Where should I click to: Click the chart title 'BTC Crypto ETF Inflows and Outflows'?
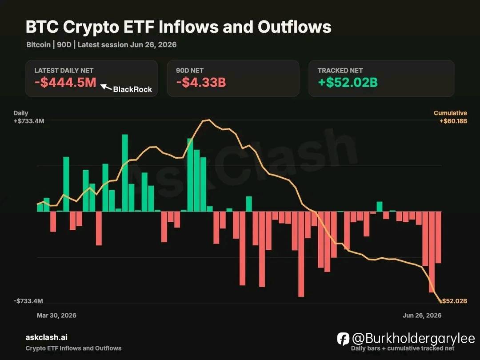click(179, 27)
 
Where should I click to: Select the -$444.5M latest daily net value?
click(65, 82)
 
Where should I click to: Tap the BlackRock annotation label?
click(132, 89)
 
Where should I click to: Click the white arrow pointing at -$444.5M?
click(106, 87)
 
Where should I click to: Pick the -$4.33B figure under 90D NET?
click(201, 82)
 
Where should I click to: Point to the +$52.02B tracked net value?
click(348, 82)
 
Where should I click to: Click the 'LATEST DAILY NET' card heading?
click(64, 70)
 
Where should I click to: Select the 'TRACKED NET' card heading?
click(340, 70)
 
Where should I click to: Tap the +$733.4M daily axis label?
click(29, 121)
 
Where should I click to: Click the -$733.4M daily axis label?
click(28, 301)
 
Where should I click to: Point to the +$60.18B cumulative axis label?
click(453, 121)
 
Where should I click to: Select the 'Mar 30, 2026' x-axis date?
click(56, 315)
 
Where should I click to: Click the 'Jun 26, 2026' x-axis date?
click(422, 315)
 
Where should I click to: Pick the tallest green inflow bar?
click(125, 173)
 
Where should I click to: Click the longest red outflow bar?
click(301, 254)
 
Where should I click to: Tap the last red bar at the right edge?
click(438, 237)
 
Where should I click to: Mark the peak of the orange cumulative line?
click(208, 120)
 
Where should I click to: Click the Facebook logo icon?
click(343, 339)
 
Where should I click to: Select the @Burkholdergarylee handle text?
click(414, 339)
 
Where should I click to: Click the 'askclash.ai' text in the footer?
click(47, 337)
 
